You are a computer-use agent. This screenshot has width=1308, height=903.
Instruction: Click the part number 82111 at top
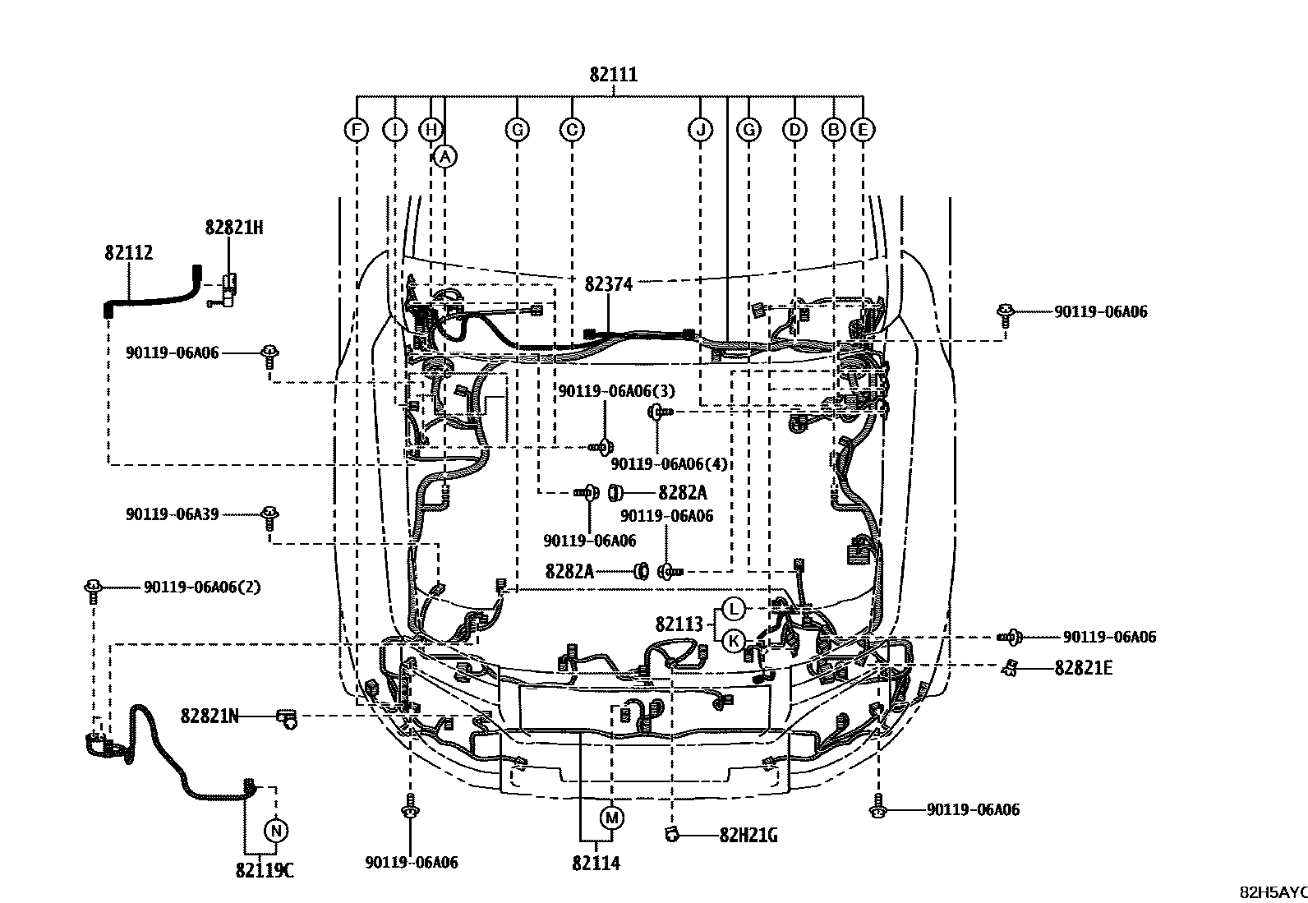613,75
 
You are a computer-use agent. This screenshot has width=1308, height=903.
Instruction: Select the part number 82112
128,252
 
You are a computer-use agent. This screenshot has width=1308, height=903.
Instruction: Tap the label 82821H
233,228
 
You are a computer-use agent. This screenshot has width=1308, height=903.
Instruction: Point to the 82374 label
608,284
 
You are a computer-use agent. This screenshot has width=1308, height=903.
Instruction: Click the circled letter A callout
444,156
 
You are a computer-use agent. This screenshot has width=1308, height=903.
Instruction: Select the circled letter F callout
356,130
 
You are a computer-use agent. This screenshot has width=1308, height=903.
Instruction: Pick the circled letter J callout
700,130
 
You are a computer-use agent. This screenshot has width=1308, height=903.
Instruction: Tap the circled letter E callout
862,130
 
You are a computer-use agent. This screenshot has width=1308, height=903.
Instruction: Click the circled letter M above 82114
611,818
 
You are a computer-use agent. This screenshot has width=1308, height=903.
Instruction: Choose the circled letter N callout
276,831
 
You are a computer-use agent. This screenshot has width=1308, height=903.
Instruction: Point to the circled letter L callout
733,610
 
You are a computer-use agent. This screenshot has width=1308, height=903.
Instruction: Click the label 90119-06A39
172,514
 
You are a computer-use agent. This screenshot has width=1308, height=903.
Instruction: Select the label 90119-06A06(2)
202,587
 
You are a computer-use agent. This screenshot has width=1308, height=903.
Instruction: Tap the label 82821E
1083,668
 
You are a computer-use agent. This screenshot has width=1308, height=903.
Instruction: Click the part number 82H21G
748,836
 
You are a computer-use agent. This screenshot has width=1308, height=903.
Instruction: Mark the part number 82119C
264,871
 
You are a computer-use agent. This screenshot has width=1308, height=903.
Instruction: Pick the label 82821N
210,716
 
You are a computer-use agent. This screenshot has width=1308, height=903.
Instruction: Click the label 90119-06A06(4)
669,463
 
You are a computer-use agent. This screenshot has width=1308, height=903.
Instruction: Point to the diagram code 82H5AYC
1273,892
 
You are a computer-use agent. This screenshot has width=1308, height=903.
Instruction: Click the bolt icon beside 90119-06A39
269,516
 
